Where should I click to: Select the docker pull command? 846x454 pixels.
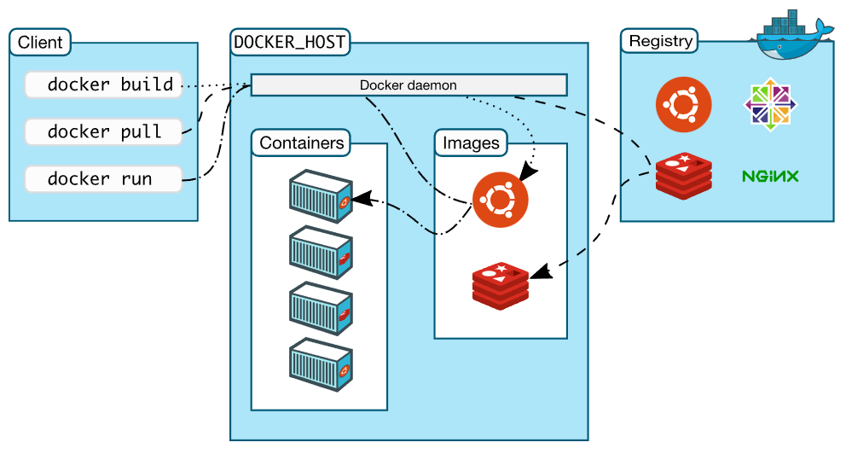[103, 131]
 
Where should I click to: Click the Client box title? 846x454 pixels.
[40, 42]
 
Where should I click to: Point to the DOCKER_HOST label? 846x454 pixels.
[290, 41]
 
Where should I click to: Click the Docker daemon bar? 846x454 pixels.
[409, 85]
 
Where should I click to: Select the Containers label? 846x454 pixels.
[302, 143]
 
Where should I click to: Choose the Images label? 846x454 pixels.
[470, 143]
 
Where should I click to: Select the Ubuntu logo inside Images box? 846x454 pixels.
[500, 200]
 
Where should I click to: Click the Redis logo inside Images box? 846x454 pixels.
[501, 285]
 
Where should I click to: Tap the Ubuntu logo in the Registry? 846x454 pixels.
[683, 105]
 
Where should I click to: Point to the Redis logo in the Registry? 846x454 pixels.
[684, 176]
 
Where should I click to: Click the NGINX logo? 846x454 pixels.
[769, 177]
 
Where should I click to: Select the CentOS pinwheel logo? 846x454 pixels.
[769, 106]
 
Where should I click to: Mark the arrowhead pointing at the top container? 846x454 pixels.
[360, 200]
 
